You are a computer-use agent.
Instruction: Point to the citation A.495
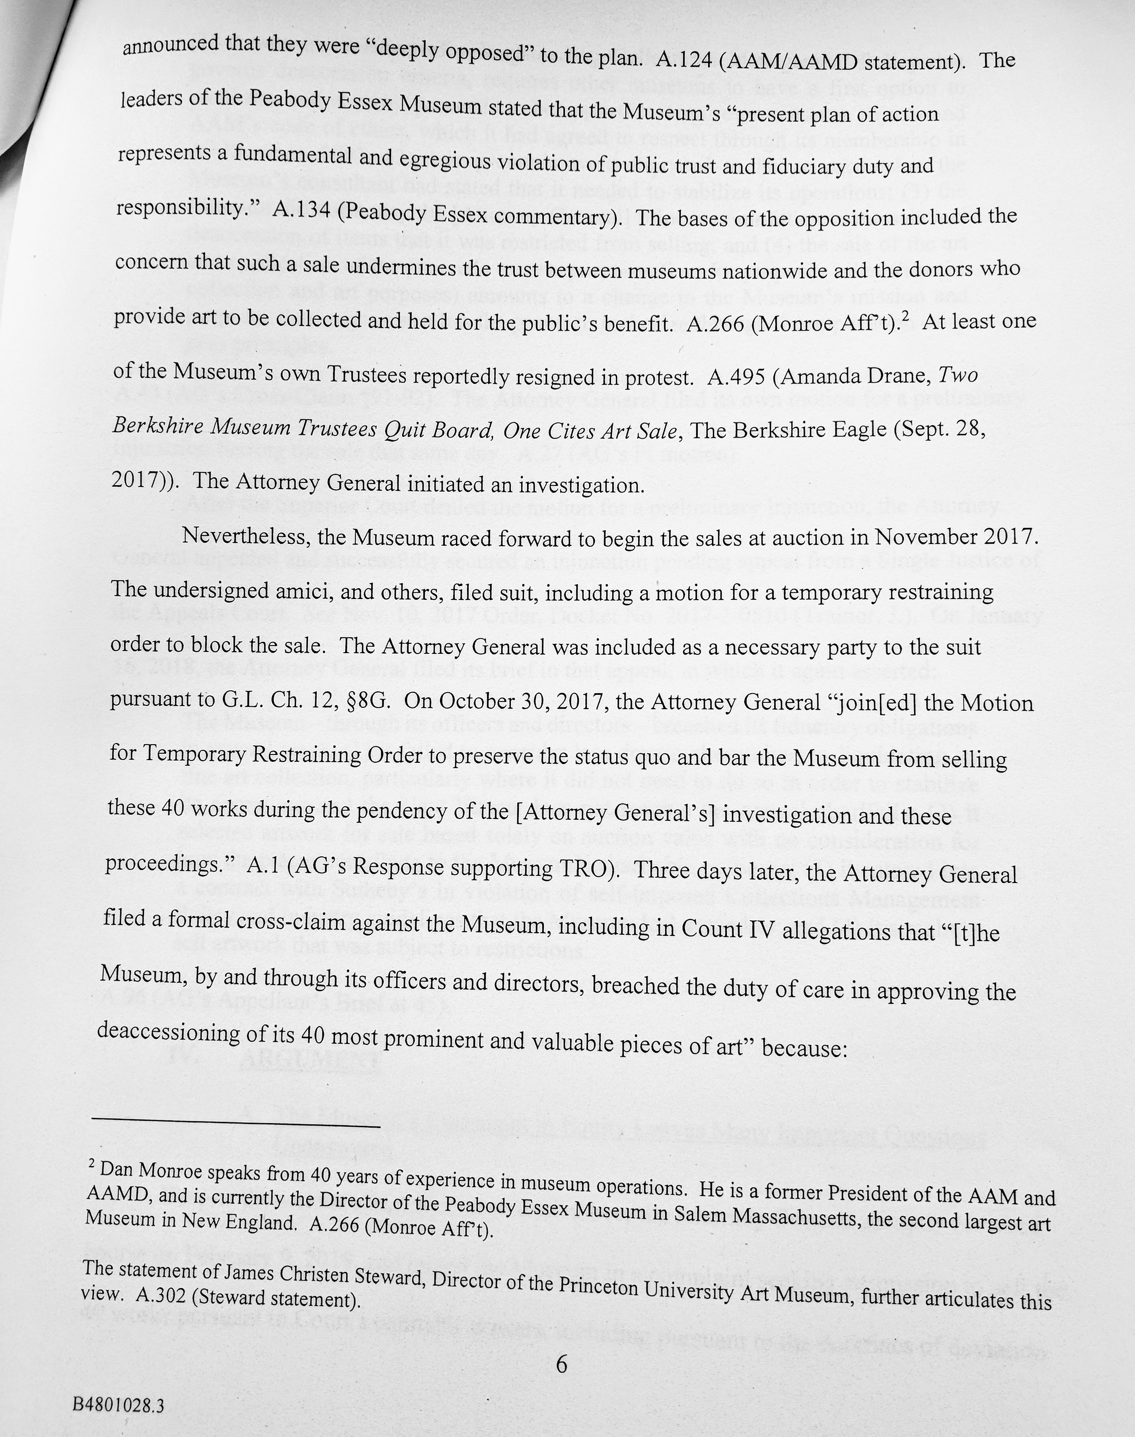tap(737, 377)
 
